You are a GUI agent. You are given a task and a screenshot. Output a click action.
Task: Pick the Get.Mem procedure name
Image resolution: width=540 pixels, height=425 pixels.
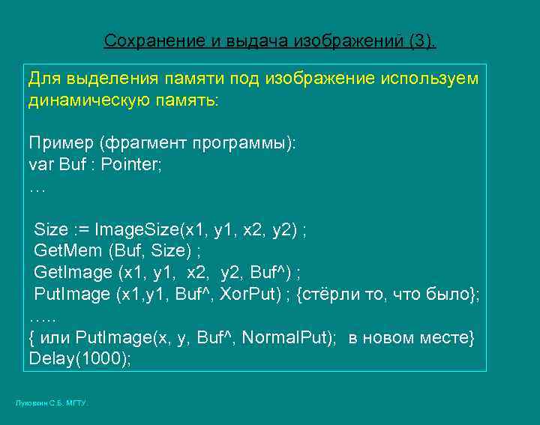68,251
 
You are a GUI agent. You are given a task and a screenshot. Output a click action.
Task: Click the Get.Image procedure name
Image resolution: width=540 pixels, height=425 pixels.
72,272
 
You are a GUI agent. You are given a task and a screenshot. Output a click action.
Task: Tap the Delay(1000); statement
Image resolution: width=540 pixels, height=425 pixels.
79,359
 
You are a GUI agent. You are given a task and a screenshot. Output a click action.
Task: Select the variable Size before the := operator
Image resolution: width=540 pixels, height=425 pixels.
51,229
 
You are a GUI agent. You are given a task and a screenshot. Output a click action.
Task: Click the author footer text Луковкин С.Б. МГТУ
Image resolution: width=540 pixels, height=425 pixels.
51,403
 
